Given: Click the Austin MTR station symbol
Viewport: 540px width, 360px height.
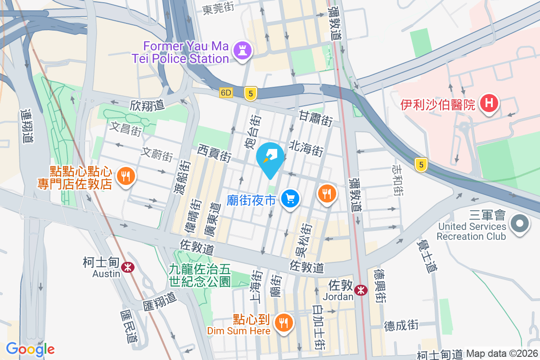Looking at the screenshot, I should [x=129, y=267].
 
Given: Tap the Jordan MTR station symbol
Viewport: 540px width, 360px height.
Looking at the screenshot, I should [x=360, y=290].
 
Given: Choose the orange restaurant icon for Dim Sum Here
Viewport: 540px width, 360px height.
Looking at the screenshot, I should [x=283, y=323].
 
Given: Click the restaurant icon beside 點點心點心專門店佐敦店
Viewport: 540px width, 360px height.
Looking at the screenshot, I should [x=125, y=176].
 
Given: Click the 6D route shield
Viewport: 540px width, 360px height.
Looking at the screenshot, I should [x=226, y=93].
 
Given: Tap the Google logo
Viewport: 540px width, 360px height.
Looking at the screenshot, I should [x=30, y=349].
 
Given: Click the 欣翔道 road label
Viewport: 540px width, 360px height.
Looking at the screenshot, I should [x=147, y=105].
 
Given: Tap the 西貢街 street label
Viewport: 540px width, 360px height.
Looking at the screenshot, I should [x=214, y=153].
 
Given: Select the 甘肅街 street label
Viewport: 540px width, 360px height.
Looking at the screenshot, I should [x=316, y=118].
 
